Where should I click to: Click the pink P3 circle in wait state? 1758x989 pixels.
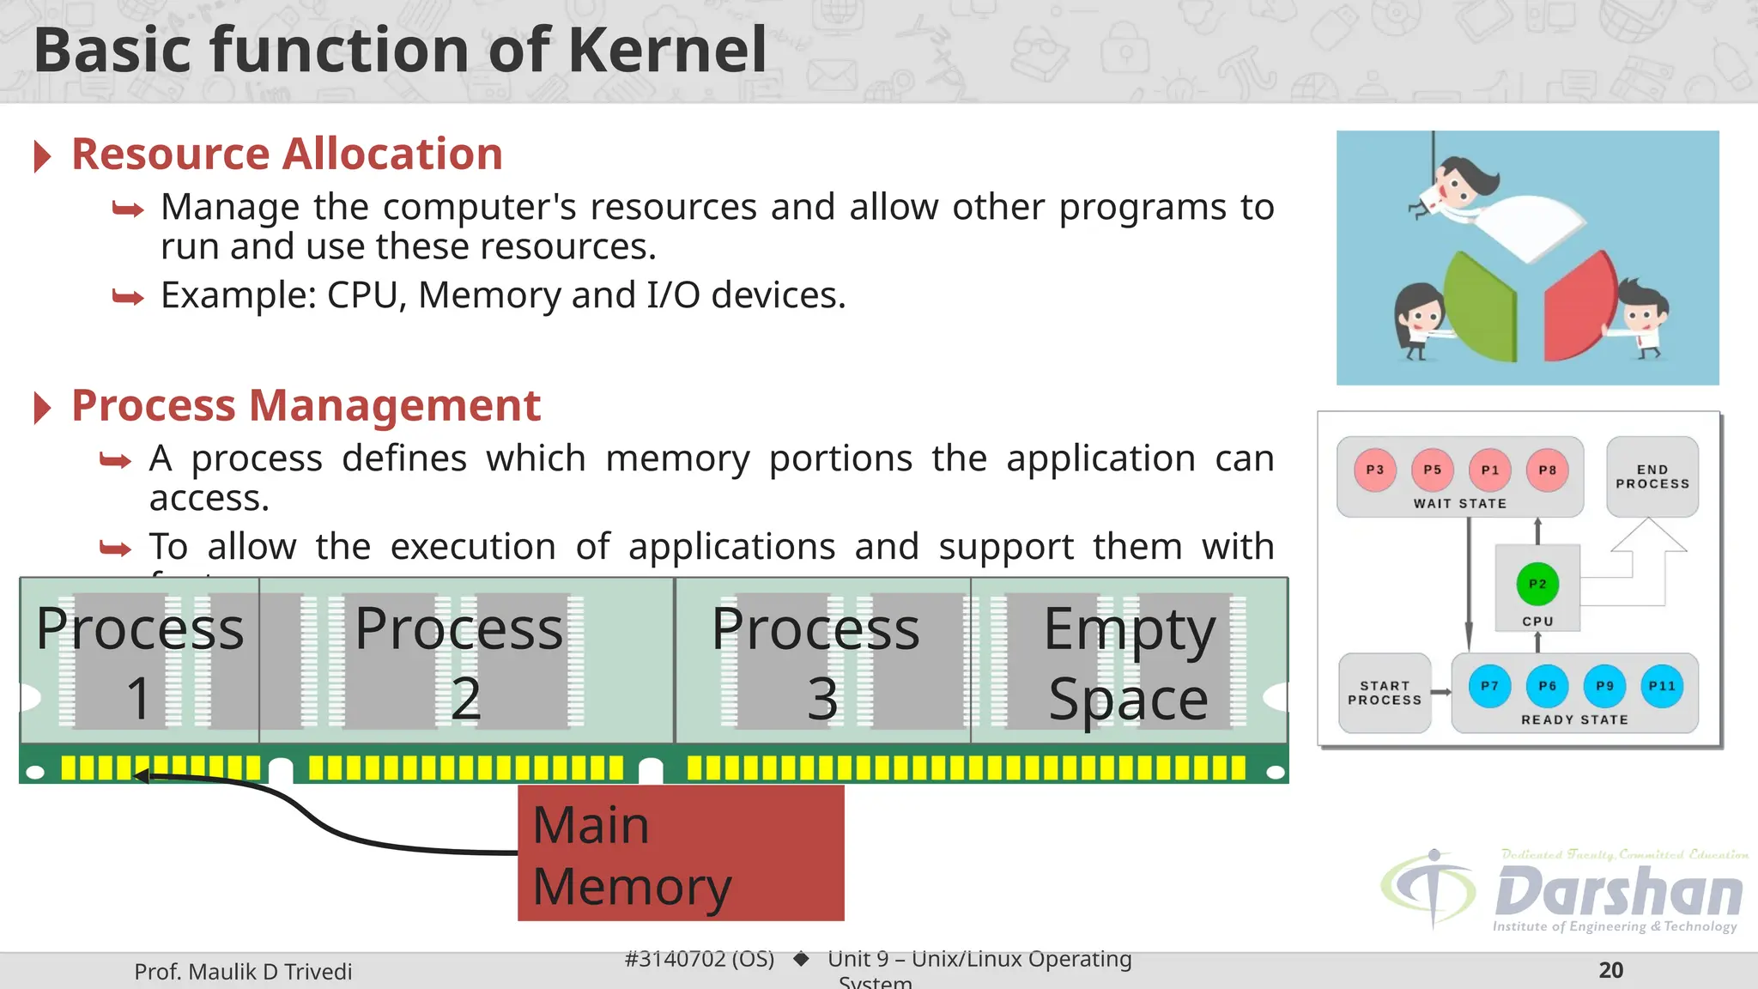pyautogui.click(x=1375, y=470)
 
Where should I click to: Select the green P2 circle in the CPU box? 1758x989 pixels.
pyautogui.click(x=1537, y=584)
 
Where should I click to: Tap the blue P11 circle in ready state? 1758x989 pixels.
pyautogui.click(x=1662, y=686)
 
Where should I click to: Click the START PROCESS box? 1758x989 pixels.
pyautogui.click(x=1385, y=693)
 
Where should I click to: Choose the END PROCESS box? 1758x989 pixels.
pyautogui.click(x=1652, y=476)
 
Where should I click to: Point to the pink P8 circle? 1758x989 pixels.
pyautogui.click(x=1547, y=470)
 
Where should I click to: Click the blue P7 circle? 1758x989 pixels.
pyautogui.click(x=1489, y=686)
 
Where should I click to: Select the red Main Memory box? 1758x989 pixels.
pyautogui.click(x=681, y=853)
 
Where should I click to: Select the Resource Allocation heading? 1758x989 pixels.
pyautogui.click(x=287, y=155)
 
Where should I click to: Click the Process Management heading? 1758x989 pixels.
pyautogui.click(x=306, y=405)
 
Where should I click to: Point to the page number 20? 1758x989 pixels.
pyautogui.click(x=1610, y=970)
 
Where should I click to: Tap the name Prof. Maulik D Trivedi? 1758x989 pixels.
pyautogui.click(x=243, y=972)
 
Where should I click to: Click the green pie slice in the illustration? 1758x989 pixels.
pyautogui.click(x=1481, y=309)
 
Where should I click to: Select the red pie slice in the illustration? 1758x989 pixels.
pyautogui.click(x=1579, y=309)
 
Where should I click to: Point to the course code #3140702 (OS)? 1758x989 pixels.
pyautogui.click(x=699, y=959)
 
